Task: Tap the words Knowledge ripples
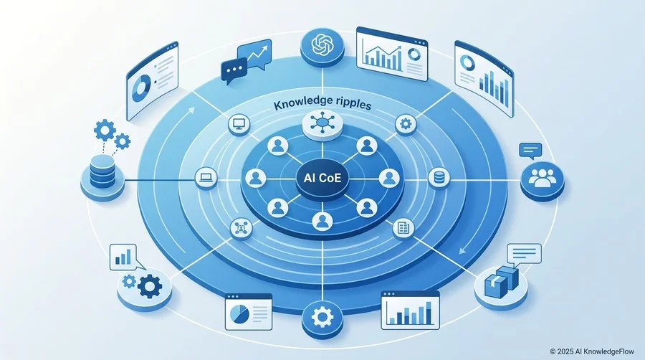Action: pos(322,103)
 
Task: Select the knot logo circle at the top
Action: pos(322,46)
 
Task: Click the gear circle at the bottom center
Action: pos(322,318)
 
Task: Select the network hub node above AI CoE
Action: pos(322,123)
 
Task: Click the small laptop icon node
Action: pos(206,178)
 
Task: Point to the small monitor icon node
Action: pos(239,124)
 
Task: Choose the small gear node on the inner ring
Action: pos(406,124)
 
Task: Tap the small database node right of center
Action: pos(439,178)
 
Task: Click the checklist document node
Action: pos(403,227)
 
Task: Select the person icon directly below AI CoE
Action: pos(322,222)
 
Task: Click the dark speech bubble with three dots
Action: pos(234,70)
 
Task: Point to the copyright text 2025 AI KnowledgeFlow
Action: pos(592,351)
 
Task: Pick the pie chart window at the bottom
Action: pos(249,312)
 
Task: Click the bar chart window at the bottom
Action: pos(410,311)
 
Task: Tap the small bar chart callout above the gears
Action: pos(124,257)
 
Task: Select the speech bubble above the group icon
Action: pos(530,151)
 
